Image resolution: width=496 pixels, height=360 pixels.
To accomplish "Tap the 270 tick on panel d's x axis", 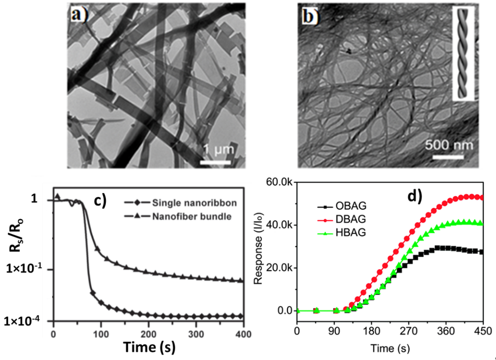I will (x=408, y=331).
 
